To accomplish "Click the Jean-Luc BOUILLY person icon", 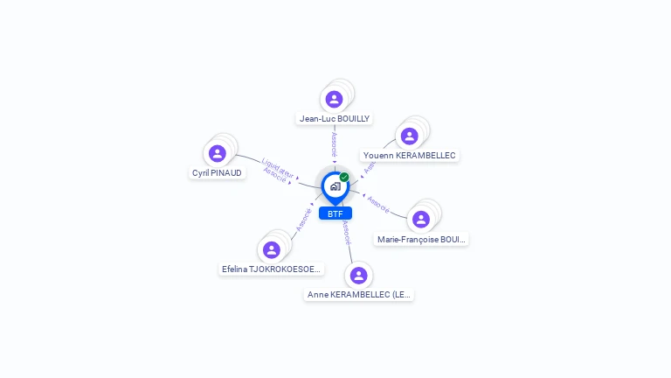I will click(x=334, y=99).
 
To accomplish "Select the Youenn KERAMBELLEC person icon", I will click(x=409, y=136).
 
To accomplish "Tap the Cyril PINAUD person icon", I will click(x=218, y=154).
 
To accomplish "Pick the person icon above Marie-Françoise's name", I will click(x=421, y=220).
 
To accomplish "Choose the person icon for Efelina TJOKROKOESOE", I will click(x=272, y=250).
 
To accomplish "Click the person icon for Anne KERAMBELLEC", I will click(x=358, y=276).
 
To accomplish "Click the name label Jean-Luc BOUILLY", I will click(x=335, y=119).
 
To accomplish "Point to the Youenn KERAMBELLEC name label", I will click(x=410, y=156).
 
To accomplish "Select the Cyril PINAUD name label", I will click(x=218, y=173).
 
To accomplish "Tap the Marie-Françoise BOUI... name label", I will click(x=421, y=240).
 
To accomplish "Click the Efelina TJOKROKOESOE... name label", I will click(x=272, y=269).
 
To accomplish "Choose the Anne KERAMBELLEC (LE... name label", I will click(x=358, y=295).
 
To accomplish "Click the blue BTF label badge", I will click(x=335, y=213).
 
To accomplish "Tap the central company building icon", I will click(x=335, y=186).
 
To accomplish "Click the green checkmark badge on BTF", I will click(x=344, y=178).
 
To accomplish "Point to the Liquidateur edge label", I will click(x=277, y=164).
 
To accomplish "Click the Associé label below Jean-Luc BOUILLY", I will click(x=334, y=144).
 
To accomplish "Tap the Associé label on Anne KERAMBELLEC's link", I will click(x=347, y=231).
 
